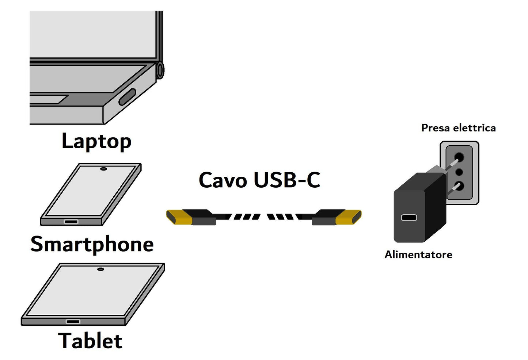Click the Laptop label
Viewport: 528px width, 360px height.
(x=96, y=141)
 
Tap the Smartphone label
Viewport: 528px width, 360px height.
(x=92, y=244)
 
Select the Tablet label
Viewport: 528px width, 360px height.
(x=90, y=341)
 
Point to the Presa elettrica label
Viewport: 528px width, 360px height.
(x=458, y=128)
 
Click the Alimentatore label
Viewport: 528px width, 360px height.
(x=418, y=254)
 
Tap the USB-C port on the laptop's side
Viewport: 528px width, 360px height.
(x=127, y=97)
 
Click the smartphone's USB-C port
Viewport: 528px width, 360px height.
(x=71, y=222)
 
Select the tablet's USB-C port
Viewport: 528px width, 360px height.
(x=73, y=322)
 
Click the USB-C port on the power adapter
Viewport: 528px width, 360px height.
(x=409, y=218)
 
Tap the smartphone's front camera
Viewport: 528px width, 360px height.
(x=103, y=169)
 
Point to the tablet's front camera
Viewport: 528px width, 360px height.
(x=100, y=269)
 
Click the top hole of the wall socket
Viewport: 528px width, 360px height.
(x=459, y=158)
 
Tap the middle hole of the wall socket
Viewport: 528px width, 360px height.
(x=459, y=172)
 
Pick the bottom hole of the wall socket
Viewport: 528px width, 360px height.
(x=459, y=186)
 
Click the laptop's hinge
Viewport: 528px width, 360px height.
(x=160, y=70)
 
